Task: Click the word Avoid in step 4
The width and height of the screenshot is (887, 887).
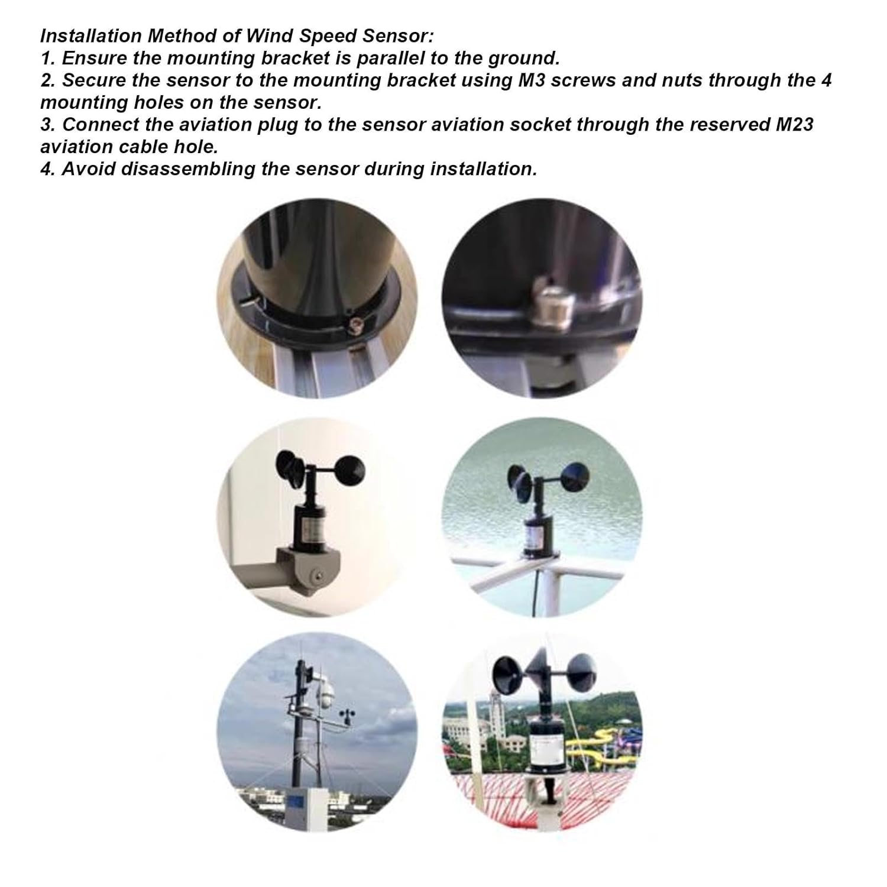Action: click(89, 169)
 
